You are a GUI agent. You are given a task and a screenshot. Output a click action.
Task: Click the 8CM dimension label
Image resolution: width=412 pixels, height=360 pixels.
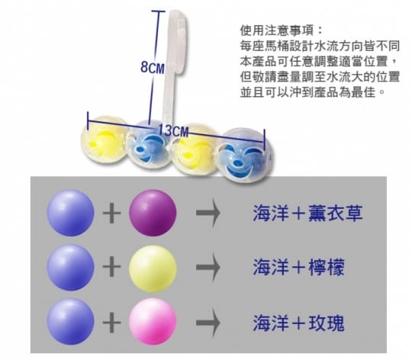click(153, 67)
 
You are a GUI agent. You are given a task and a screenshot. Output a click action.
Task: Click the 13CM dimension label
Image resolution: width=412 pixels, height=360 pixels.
click(173, 130)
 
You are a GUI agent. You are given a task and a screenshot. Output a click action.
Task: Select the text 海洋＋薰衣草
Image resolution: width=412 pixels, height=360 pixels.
click(307, 213)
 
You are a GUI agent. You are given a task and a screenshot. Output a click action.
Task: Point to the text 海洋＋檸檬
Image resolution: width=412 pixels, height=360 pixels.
click(298, 267)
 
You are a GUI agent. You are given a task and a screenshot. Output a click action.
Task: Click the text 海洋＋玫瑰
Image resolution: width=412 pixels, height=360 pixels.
click(298, 323)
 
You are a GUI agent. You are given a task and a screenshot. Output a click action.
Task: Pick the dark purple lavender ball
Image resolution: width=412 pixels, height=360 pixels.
click(153, 213)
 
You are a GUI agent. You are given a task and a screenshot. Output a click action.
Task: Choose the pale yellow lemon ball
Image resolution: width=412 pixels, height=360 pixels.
click(153, 268)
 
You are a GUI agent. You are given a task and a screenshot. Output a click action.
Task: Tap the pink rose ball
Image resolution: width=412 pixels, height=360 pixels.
click(153, 321)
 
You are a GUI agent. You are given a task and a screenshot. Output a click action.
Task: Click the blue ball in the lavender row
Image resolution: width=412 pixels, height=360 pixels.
click(70, 213)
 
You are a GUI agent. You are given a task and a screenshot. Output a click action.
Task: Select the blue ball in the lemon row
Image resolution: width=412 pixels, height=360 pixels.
click(70, 267)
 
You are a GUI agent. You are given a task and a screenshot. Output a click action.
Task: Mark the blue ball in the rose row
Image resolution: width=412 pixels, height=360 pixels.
click(70, 321)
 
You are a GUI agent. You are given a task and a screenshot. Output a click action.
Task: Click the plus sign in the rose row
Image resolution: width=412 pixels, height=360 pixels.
click(111, 323)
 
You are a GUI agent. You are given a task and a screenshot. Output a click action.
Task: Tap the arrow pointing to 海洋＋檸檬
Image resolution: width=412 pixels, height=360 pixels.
click(208, 267)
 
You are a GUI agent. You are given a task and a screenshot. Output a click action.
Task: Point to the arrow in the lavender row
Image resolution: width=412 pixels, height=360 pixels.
click(208, 213)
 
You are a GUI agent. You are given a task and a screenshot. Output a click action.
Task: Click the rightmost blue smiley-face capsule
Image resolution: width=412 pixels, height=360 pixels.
click(243, 155)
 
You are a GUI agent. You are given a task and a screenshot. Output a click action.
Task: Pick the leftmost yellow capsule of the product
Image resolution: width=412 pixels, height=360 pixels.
click(105, 139)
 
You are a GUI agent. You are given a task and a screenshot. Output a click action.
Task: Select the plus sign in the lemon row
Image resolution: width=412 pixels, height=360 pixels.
click(111, 266)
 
